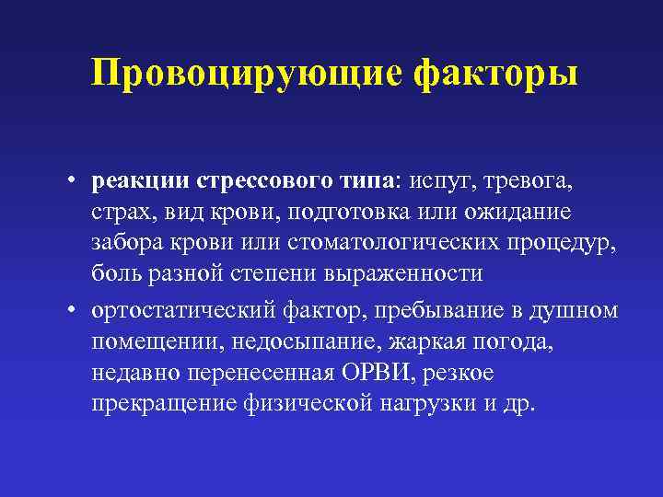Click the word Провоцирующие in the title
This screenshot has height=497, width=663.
click(246, 73)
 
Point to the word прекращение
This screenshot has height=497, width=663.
click(162, 406)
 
